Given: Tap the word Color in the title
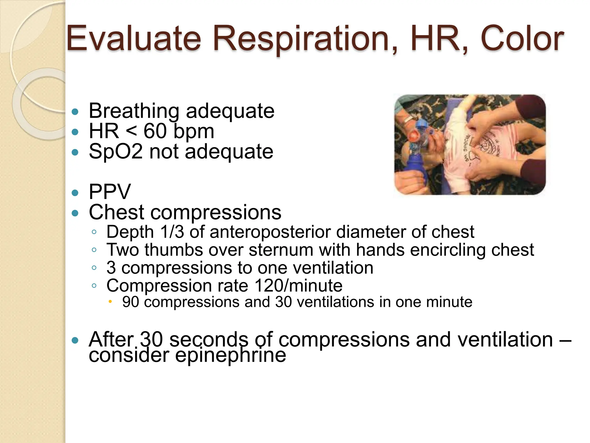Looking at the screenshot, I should pyautogui.click(x=522, y=39).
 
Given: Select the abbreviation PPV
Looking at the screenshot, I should pyautogui.click(x=110, y=192).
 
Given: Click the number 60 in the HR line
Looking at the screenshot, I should pyautogui.click(x=155, y=131).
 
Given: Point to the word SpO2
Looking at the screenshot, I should pyautogui.click(x=116, y=151).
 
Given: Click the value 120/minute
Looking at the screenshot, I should pyautogui.click(x=298, y=286).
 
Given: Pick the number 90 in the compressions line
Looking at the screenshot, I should pyautogui.click(x=131, y=302).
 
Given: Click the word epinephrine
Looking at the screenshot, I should pyautogui.click(x=230, y=355).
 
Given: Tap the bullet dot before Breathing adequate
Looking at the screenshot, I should pyautogui.click(x=75, y=112).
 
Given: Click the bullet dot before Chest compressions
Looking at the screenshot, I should pyautogui.click(x=75, y=213).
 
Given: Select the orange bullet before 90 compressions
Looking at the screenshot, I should pyautogui.click(x=110, y=302).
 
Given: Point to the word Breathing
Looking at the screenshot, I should pyautogui.click(x=134, y=111).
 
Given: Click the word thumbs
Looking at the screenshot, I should pyautogui.click(x=174, y=250).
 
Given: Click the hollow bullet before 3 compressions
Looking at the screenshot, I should pyautogui.click(x=94, y=268).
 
